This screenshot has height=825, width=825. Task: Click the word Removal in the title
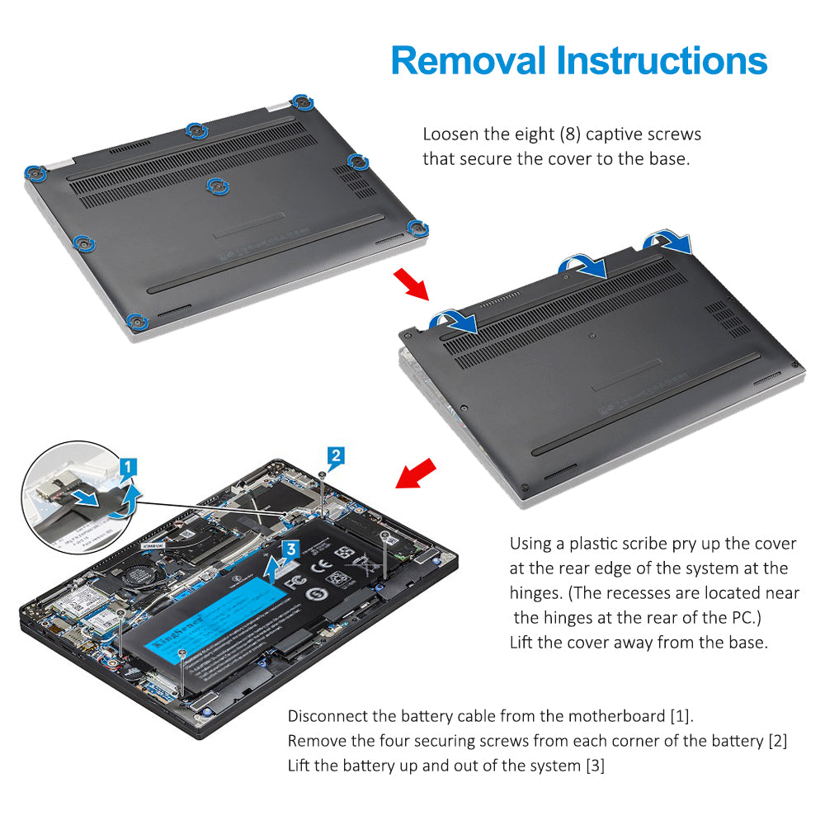click(467, 60)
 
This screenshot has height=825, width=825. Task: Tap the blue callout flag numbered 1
click(125, 469)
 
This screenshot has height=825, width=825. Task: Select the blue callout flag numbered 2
click(335, 455)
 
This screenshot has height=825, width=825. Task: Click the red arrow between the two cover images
click(412, 283)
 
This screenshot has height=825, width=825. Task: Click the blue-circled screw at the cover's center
click(217, 186)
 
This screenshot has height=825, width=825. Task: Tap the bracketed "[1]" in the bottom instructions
click(681, 715)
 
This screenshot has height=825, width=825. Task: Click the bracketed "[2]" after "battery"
click(777, 741)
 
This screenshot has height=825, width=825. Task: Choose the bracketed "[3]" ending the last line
click(595, 766)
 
